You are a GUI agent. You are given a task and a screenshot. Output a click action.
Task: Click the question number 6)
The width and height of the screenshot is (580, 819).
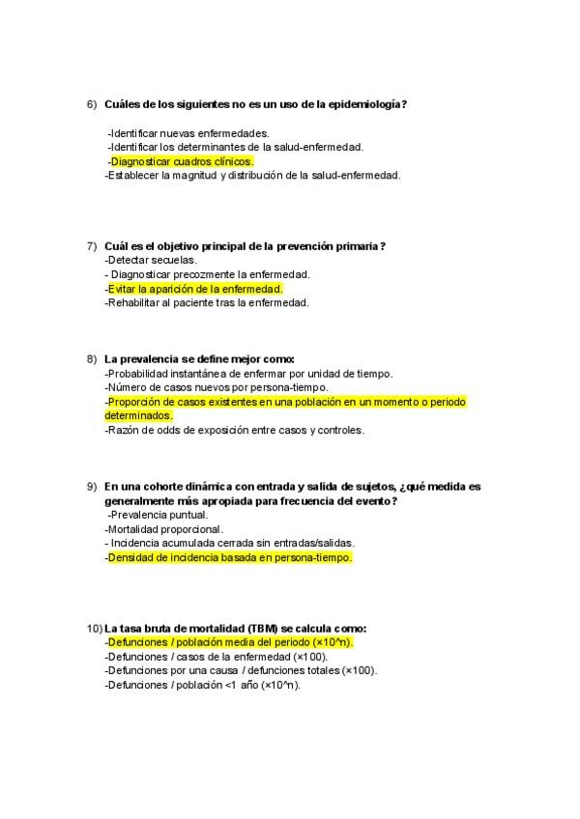click(92, 104)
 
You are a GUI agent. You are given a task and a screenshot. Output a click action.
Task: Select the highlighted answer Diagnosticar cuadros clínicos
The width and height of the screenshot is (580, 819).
click(182, 161)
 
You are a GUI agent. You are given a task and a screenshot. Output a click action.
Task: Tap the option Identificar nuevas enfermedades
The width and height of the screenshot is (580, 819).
click(188, 132)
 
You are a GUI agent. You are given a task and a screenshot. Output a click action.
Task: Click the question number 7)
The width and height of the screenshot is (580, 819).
click(92, 246)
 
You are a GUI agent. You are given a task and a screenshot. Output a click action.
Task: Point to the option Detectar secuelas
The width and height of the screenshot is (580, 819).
click(151, 260)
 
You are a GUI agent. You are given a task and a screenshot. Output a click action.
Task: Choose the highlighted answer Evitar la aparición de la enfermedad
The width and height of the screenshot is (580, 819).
click(195, 289)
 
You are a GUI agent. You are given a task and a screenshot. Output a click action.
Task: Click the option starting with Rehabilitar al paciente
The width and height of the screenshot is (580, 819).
click(207, 303)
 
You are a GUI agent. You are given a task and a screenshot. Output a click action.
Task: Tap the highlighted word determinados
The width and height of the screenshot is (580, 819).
click(138, 415)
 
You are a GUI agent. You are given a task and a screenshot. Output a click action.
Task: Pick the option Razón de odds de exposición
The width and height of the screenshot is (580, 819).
click(234, 430)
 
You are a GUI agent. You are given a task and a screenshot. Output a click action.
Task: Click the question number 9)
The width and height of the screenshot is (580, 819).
click(92, 487)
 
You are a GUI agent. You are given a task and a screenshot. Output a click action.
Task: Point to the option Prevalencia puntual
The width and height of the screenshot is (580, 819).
click(159, 515)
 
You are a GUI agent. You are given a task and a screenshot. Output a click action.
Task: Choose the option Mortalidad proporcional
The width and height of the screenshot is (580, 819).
click(163, 529)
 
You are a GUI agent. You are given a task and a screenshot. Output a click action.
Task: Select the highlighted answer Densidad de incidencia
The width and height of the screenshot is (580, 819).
click(230, 557)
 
